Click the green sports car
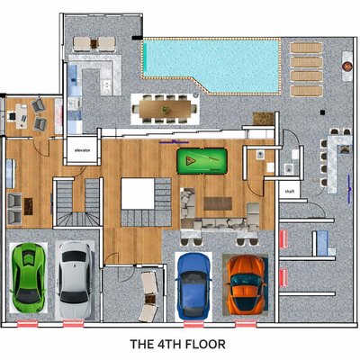(28, 277)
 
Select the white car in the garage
(75, 280)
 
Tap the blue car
(194, 286)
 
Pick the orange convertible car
(246, 283)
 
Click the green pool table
(202, 161)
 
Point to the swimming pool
(211, 65)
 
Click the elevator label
(82, 150)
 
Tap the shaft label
(290, 191)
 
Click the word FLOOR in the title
(205, 344)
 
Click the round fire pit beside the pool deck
(347, 66)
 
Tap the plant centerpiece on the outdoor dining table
(166, 110)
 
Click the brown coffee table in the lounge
(218, 203)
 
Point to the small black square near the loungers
(322, 112)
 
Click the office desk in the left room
(21, 116)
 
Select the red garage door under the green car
(28, 324)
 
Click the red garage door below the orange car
(246, 324)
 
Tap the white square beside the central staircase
(138, 193)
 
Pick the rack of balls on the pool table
(190, 160)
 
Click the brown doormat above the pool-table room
(264, 119)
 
